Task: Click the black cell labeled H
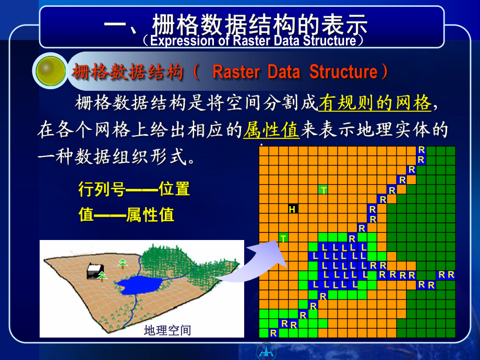pos(293,209)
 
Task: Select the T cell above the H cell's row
pos(323,190)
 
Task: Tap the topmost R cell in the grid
pos(421,150)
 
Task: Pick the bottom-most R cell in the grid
pos(273,333)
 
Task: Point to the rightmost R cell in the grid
pos(451,274)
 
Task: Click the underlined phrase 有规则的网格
pos(375,103)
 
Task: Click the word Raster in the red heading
pos(236,72)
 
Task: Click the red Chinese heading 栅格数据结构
pos(128,73)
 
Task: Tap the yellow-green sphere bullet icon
pos(51,71)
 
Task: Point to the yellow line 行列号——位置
pos(134,189)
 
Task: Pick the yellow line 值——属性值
pos(126,214)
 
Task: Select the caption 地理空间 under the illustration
pos(167,330)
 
